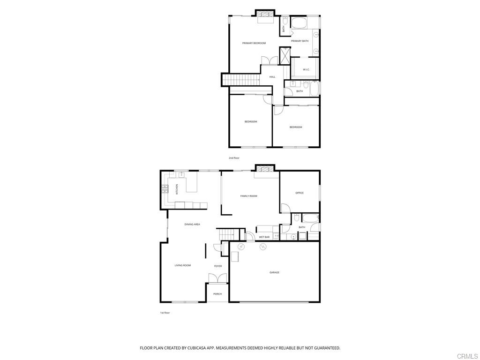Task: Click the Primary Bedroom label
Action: tap(254, 43)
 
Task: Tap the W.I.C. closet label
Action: tap(306, 69)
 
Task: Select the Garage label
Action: tap(274, 272)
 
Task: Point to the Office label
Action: tap(300, 193)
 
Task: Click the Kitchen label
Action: tap(177, 189)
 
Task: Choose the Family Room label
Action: tap(248, 196)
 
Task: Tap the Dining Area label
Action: tap(192, 225)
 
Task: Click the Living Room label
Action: tap(183, 265)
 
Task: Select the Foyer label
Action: tap(218, 266)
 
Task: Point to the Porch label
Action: tap(217, 294)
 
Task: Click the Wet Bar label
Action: tap(264, 237)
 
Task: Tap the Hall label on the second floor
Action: tap(272, 77)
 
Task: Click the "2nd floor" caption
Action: tap(234, 158)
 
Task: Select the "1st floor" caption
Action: tap(165, 313)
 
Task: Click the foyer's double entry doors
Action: tap(217, 278)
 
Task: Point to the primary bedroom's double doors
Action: tap(270, 60)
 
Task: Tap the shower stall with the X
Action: tap(285, 56)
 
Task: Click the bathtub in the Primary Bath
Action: tap(300, 23)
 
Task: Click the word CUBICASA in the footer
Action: tap(195, 348)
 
